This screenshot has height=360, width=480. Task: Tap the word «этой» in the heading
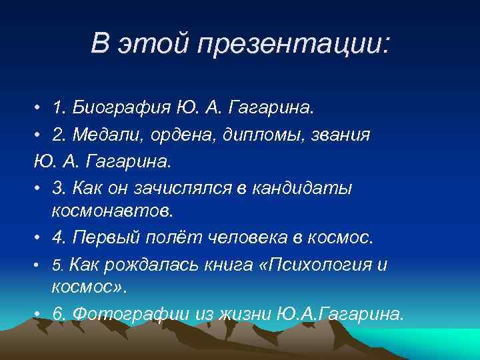pyautogui.click(x=155, y=46)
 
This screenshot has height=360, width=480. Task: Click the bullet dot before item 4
pyautogui.click(x=40, y=239)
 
